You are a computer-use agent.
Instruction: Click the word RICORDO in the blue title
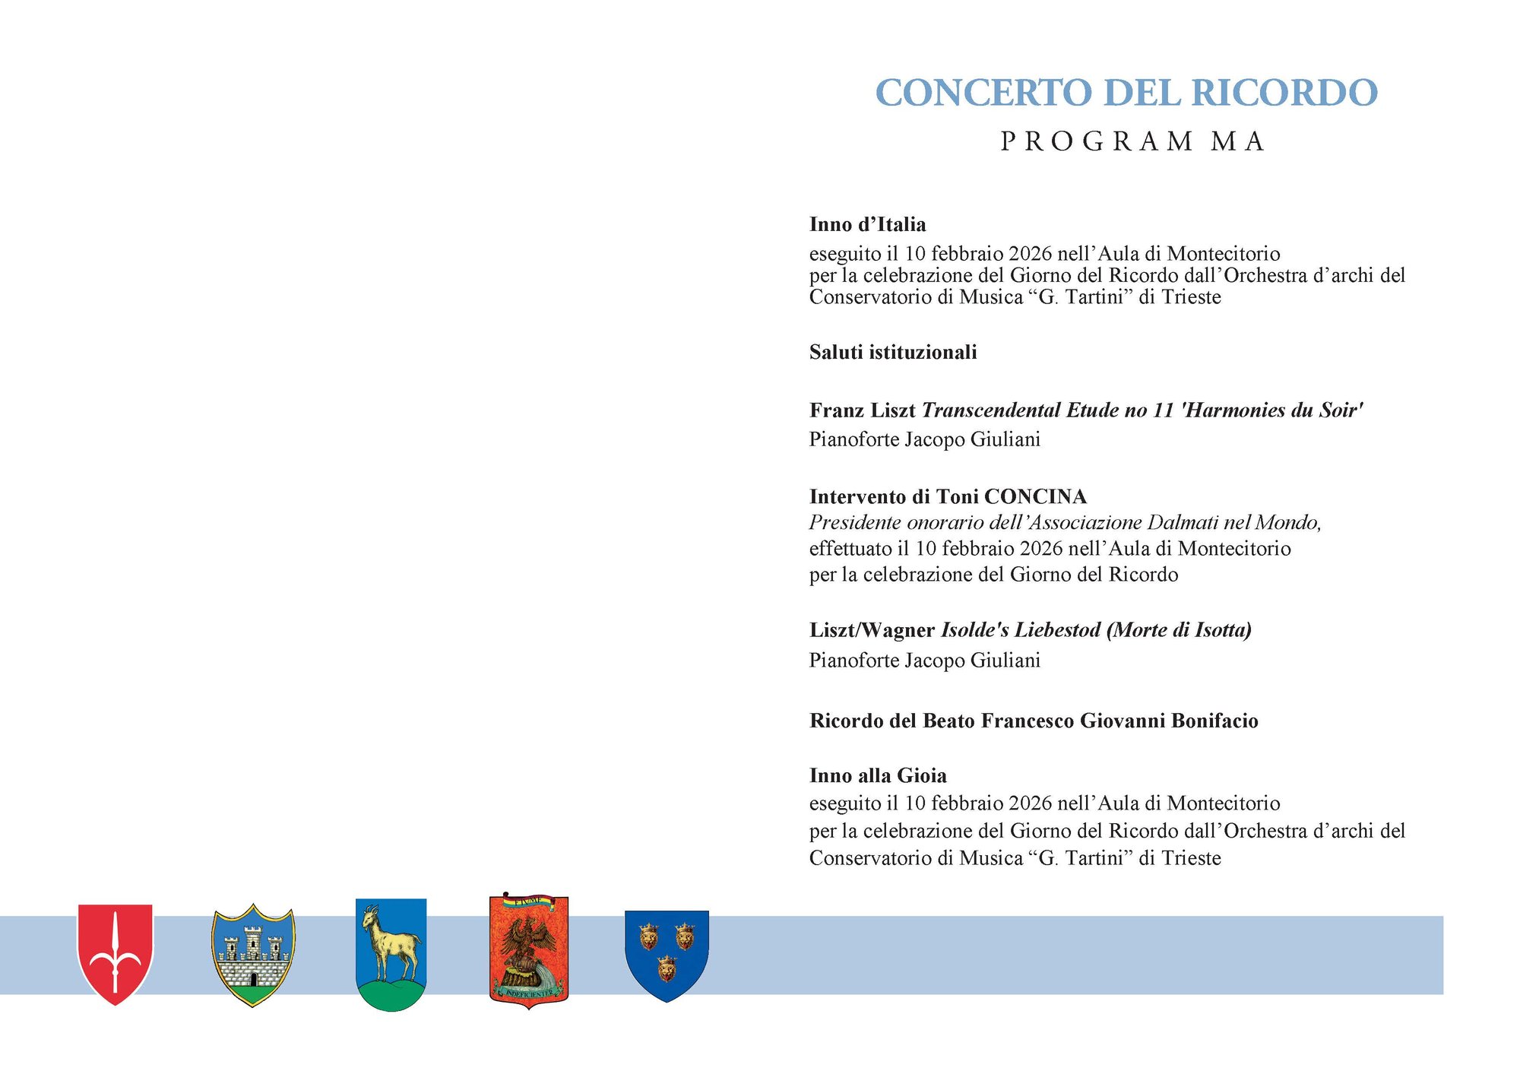point(1284,93)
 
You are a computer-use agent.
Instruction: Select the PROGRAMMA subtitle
point(1132,141)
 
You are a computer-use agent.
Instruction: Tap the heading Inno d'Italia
point(867,224)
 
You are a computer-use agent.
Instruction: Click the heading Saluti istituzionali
point(893,352)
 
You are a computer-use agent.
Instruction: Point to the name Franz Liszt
point(862,410)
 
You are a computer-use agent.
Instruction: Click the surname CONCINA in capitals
point(1035,496)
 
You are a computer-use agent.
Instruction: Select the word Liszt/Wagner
point(872,630)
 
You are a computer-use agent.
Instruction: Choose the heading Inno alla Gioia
point(878,775)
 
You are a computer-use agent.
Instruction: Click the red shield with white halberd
point(116,954)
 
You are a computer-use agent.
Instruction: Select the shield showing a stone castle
point(252,955)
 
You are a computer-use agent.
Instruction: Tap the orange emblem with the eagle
point(529,950)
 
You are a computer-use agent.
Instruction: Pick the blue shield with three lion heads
point(667,955)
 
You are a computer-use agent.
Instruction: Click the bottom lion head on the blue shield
point(667,968)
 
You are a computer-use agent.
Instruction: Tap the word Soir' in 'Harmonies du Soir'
point(1341,410)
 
